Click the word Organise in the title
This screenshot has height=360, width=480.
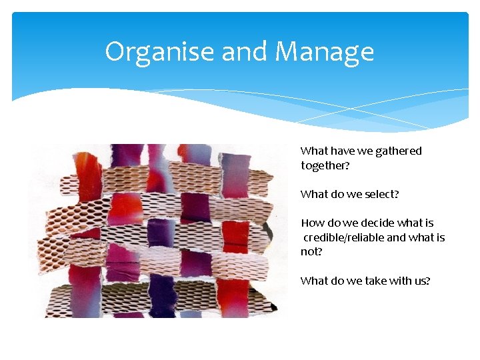tap(160, 51)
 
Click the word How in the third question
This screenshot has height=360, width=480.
tap(311, 223)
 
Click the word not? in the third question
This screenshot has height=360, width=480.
tap(311, 252)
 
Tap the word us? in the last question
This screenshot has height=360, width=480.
tap(422, 281)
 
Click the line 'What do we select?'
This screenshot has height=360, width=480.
tap(350, 194)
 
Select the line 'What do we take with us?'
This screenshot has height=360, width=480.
tap(365, 281)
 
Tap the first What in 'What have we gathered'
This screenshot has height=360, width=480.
tap(313, 151)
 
